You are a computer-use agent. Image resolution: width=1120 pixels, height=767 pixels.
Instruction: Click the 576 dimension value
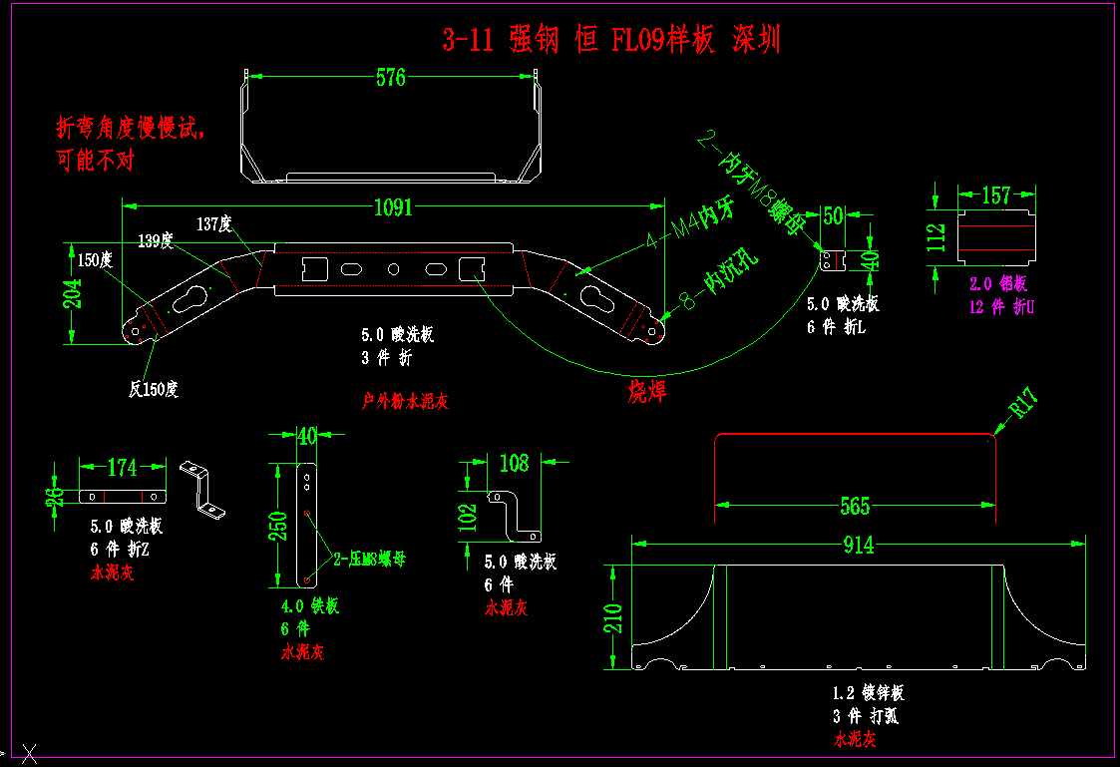tap(391, 77)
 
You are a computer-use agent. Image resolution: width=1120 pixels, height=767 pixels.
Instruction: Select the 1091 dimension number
tap(393, 207)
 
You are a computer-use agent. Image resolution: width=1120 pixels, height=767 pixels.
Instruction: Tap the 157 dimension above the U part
tap(996, 195)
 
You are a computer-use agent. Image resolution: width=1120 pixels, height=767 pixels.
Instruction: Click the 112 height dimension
tap(935, 238)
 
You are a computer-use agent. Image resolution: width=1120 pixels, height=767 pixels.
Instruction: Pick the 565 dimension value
tap(855, 506)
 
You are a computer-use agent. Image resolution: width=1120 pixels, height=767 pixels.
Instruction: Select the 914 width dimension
tap(858, 545)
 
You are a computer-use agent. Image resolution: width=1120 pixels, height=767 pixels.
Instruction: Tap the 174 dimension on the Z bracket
tap(122, 467)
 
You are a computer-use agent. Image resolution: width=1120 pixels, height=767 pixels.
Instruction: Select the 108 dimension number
tap(514, 463)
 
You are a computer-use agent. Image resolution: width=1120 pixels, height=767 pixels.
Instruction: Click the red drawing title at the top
tap(610, 40)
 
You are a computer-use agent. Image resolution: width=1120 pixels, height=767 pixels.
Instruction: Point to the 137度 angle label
tap(213, 224)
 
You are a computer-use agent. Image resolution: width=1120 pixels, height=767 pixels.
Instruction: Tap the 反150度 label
tap(153, 390)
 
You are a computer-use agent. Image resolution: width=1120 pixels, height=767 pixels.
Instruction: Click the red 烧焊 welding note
tap(646, 392)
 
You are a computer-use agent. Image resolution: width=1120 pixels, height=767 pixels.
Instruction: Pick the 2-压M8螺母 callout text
tap(368, 560)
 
